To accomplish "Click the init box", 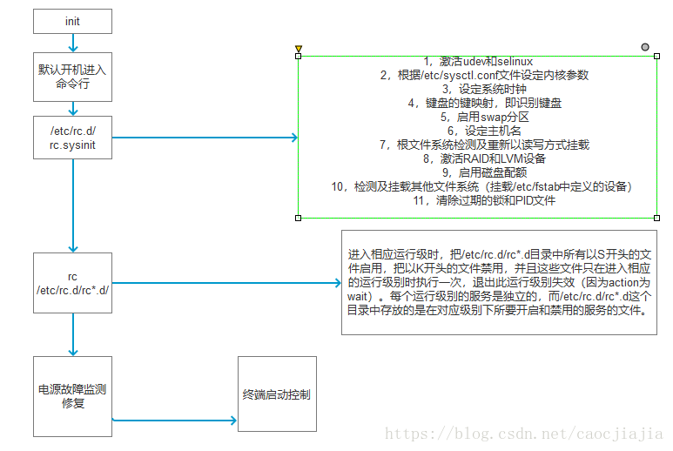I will (x=72, y=21).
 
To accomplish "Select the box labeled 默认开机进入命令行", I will (x=72, y=77).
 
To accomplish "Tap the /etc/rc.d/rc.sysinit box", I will (x=72, y=138).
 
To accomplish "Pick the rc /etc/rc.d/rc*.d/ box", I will (x=72, y=283).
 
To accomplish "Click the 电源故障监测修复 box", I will (x=72, y=395).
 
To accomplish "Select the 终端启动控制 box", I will (x=277, y=394).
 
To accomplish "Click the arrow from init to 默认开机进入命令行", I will (x=72, y=43).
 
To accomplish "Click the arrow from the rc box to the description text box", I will (x=226, y=283).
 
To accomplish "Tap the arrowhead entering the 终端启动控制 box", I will (x=232, y=421).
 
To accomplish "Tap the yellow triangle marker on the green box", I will (x=299, y=49).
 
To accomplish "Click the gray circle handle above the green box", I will (x=645, y=46).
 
